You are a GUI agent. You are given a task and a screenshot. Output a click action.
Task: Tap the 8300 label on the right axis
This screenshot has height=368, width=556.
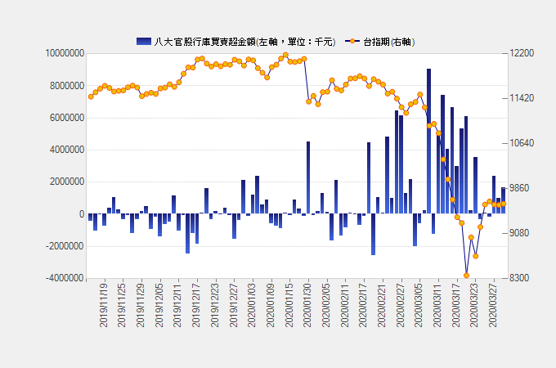[x=519, y=278]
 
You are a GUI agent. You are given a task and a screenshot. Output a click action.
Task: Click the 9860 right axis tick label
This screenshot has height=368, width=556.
[x=519, y=188]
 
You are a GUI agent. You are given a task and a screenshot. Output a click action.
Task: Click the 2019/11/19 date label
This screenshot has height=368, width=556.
[x=104, y=305]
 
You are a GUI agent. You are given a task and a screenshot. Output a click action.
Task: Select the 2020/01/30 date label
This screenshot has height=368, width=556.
[x=308, y=305]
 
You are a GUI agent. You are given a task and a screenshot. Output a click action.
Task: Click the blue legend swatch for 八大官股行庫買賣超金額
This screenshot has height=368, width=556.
[x=143, y=42]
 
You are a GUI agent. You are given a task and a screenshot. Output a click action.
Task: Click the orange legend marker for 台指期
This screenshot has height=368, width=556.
[x=352, y=42]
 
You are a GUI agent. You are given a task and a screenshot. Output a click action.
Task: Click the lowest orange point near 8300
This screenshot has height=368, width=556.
[x=466, y=275]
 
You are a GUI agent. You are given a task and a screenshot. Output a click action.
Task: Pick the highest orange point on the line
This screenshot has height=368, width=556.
[x=285, y=56]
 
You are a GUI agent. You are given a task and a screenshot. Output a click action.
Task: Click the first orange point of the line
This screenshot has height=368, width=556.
[x=91, y=96]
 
